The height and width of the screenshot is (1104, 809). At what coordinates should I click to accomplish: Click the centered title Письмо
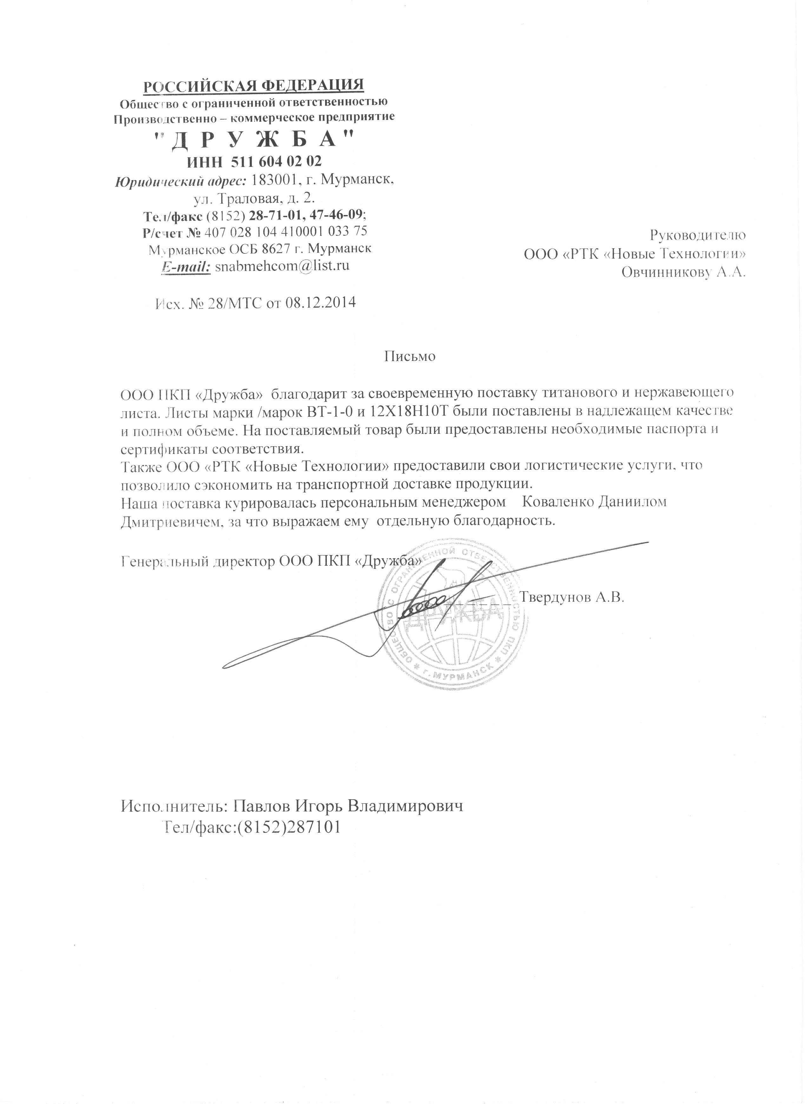409,356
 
